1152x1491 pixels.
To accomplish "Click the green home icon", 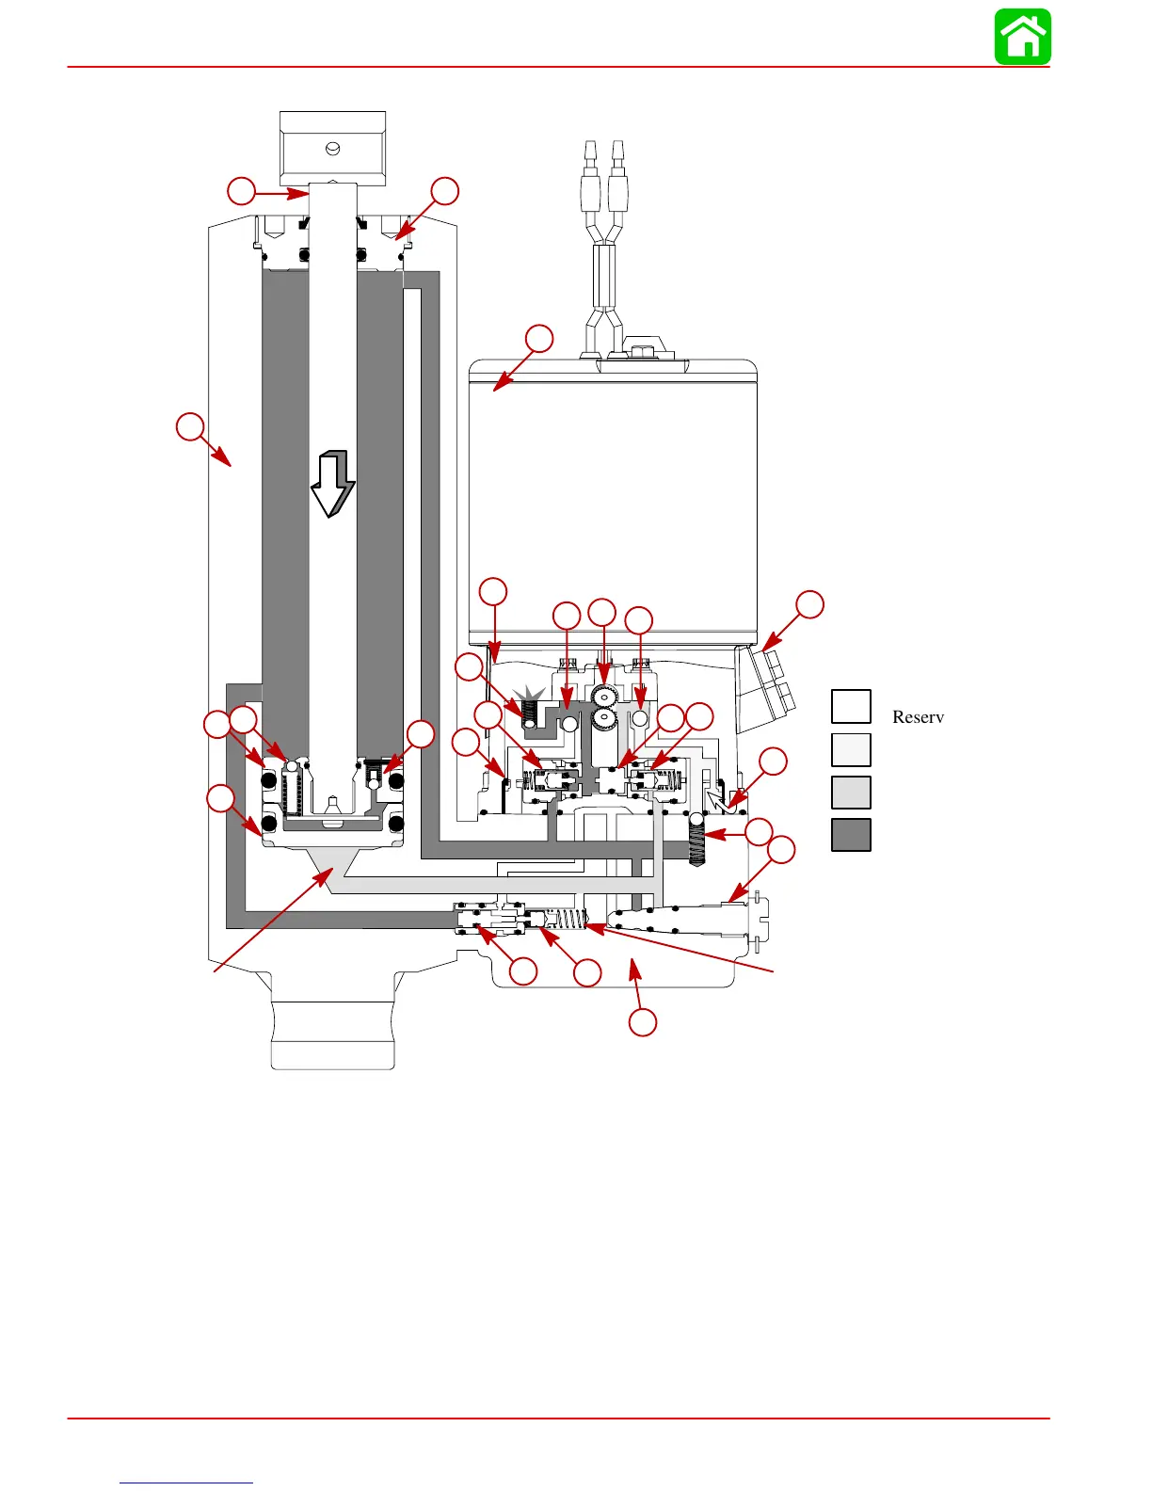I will (1023, 37).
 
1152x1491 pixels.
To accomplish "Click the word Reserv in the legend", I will (918, 717).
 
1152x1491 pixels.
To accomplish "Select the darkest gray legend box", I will (851, 835).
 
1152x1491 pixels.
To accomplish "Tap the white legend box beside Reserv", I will (851, 706).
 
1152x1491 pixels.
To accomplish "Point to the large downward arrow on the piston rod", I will (332, 483).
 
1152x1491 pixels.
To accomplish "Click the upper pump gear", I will (603, 697).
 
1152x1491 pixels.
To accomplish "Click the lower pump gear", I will (603, 720).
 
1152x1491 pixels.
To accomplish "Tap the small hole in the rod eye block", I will (331, 148).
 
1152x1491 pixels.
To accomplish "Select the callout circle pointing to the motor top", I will (539, 339).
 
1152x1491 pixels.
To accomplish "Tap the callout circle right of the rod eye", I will (444, 191).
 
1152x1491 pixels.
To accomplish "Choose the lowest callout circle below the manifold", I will (643, 1022).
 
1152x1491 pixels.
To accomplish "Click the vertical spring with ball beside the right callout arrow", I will (696, 839).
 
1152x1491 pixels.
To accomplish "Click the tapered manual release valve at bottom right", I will (687, 921).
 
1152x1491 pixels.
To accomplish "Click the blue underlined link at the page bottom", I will (186, 1483).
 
